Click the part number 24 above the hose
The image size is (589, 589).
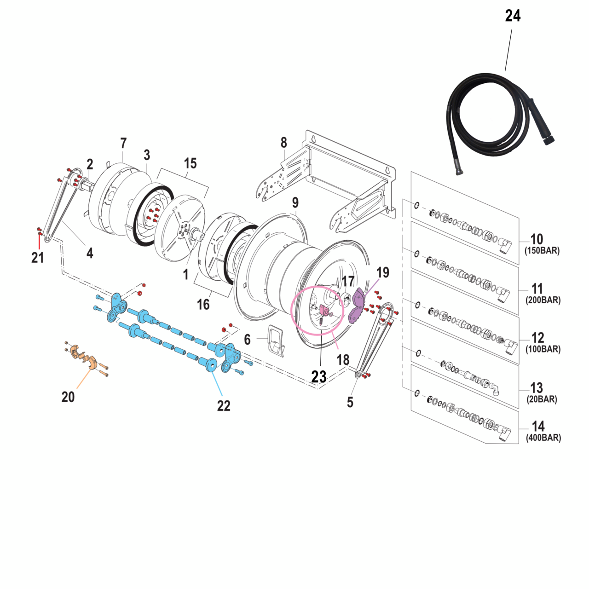coord(513,16)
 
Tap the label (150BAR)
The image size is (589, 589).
coord(542,251)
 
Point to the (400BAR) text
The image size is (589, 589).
coord(543,438)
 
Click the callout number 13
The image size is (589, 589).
coord(537,387)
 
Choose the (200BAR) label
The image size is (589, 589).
coord(543,300)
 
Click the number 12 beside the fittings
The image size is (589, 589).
coord(537,338)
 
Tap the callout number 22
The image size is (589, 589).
coord(224,405)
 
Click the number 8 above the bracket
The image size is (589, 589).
coord(284,143)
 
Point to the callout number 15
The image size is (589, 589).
coord(190,163)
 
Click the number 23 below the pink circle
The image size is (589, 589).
coord(319,376)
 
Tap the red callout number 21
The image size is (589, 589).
coord(38,258)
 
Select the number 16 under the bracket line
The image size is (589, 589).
coord(203,304)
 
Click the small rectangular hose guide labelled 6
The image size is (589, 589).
coord(277,340)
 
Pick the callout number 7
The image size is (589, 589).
coord(123,143)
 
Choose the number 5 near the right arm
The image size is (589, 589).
coord(350,402)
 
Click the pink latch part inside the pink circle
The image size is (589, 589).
coord(324,311)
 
